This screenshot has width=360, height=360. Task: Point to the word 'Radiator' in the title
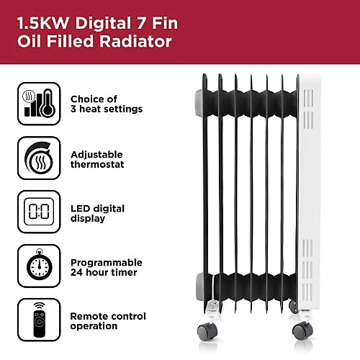click(x=137, y=42)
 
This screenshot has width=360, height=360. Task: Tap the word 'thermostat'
click(x=97, y=165)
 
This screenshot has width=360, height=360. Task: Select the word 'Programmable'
click(x=106, y=262)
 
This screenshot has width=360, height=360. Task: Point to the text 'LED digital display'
click(x=97, y=213)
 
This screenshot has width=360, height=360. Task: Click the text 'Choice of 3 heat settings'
click(x=106, y=104)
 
